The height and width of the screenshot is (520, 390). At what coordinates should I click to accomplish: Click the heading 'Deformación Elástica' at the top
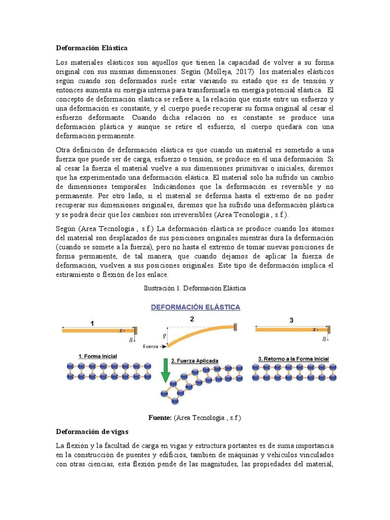[91, 48]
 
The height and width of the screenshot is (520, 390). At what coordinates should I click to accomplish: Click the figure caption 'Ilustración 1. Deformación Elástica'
[196, 288]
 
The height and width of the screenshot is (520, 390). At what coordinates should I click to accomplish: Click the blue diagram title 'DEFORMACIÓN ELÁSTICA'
[195, 307]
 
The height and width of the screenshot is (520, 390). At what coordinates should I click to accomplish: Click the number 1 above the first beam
[92, 322]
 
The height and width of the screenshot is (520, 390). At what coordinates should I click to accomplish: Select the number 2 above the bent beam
[192, 319]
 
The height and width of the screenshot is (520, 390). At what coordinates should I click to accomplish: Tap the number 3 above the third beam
[291, 320]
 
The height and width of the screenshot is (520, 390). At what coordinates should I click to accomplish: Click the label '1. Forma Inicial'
[97, 356]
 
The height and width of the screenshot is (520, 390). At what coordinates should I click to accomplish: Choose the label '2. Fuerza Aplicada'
[195, 361]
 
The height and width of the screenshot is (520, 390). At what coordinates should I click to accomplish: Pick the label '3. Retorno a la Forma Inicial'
[293, 359]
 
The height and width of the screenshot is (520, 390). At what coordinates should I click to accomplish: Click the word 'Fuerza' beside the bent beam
[151, 347]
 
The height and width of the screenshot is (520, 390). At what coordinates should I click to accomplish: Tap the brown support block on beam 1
[136, 330]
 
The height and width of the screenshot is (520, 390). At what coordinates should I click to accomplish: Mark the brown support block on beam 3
[329, 330]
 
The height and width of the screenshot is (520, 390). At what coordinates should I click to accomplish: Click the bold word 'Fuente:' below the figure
[160, 417]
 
